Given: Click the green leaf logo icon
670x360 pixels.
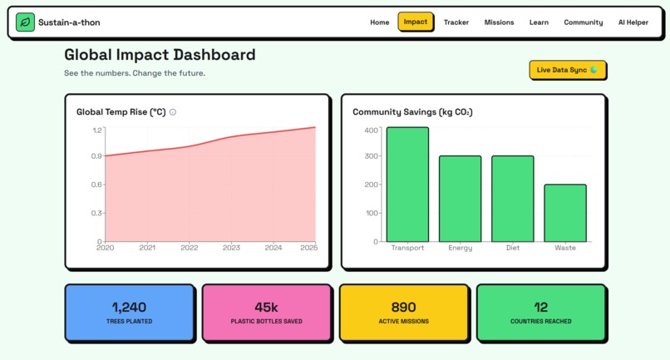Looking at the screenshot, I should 26,22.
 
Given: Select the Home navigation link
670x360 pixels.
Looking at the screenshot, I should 379,22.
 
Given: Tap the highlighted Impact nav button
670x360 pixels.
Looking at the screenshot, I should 416,22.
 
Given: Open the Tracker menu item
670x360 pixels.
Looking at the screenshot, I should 456,22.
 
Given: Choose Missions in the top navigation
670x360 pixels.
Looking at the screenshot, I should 499,22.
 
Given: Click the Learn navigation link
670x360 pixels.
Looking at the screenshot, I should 539,22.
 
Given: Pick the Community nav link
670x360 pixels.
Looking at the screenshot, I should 583,22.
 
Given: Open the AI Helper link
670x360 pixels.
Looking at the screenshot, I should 633,22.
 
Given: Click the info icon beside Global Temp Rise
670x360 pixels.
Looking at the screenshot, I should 173,112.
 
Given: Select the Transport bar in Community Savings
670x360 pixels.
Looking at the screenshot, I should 407,185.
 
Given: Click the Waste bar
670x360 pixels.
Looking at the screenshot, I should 565,213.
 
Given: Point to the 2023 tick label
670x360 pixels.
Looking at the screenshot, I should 231,248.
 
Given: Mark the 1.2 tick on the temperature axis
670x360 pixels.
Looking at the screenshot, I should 96,131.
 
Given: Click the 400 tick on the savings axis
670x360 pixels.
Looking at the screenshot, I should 372,131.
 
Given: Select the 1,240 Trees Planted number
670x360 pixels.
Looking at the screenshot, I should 129,308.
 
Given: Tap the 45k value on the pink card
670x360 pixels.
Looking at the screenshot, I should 266,308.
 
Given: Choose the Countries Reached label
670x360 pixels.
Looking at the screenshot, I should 541,321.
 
